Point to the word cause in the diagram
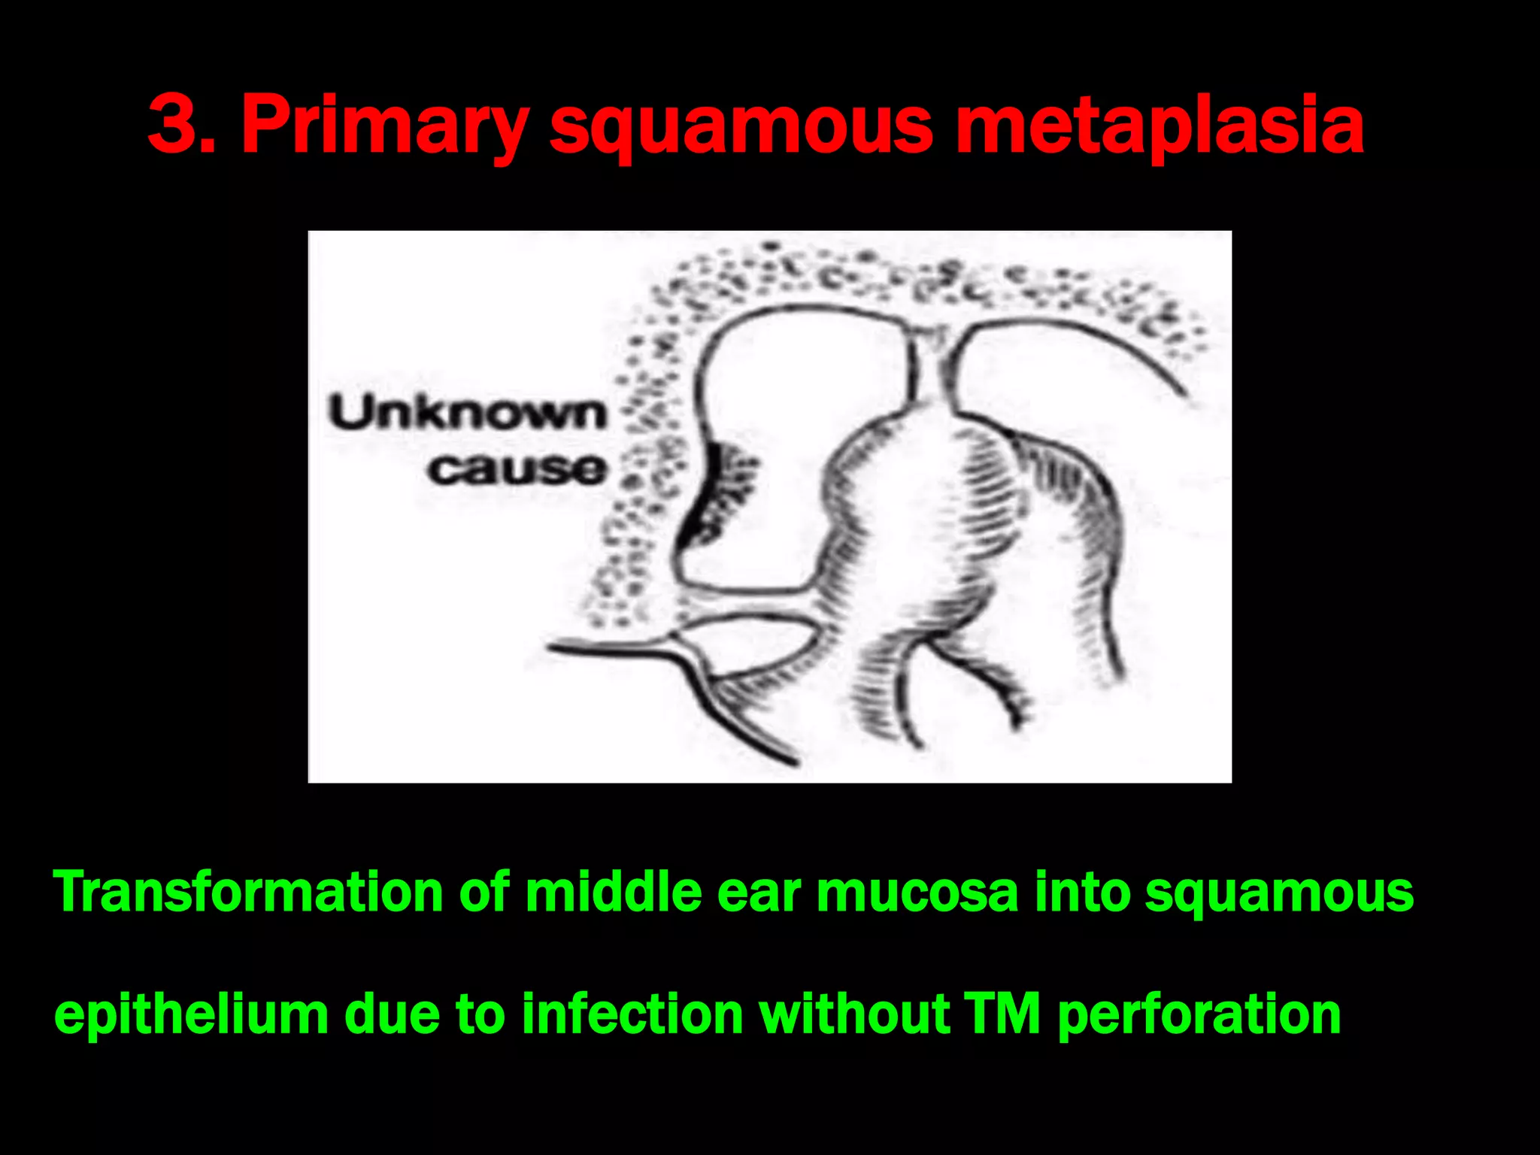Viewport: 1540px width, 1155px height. [x=517, y=469]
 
